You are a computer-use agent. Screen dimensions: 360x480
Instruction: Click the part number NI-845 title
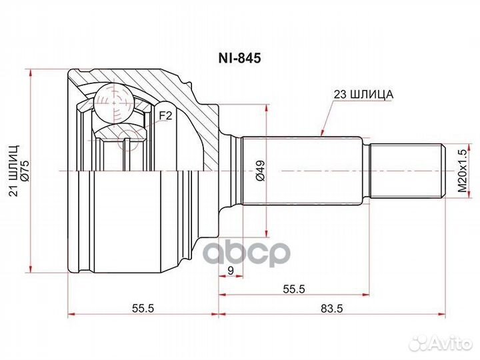coord(241,58)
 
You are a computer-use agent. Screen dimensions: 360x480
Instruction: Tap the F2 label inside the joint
coord(165,115)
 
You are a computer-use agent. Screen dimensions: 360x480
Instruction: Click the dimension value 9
coord(230,271)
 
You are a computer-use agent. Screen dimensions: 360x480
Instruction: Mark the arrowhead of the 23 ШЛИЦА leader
coord(322,135)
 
